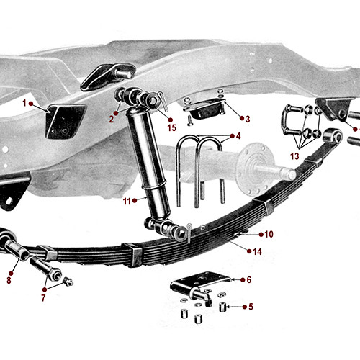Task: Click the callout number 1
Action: pos(24,103)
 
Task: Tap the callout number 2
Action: pos(112,120)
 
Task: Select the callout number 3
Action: pos(248,119)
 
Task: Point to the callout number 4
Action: pos(238,135)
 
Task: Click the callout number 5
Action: pos(251,307)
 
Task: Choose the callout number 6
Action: pos(248,280)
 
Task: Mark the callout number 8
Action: pos(9,280)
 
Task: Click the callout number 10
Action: pos(269,234)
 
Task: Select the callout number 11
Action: pos(127,201)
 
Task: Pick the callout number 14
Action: pos(257,251)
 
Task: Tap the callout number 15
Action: pos(171,128)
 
